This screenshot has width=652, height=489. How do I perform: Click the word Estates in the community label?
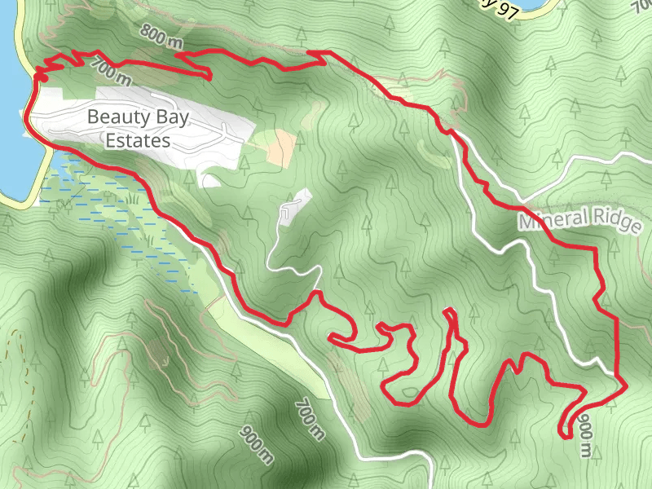(138, 140)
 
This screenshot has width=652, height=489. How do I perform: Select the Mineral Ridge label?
(579, 221)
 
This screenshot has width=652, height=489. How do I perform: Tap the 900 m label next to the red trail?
(585, 436)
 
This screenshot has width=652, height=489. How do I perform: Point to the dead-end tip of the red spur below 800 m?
(209, 78)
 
